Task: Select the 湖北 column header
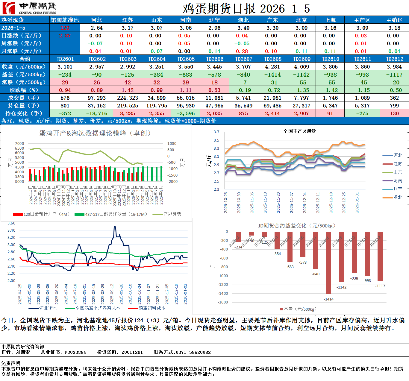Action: (243, 20)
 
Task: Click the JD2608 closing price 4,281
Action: (272, 67)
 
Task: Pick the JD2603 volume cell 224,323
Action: (128, 98)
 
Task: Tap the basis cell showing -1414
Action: (272, 75)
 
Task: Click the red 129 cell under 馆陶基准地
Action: (65, 28)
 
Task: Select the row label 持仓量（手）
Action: (25, 106)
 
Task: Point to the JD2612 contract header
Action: (394, 59)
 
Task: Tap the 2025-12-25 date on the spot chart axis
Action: (344, 203)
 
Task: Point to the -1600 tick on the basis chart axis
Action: (222, 302)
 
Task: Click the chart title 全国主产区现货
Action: (299, 131)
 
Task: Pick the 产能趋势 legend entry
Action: (172, 214)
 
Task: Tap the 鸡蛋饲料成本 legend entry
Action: (152, 308)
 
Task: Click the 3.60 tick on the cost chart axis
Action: (11, 223)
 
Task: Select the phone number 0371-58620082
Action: (193, 352)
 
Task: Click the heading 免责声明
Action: (11, 363)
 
